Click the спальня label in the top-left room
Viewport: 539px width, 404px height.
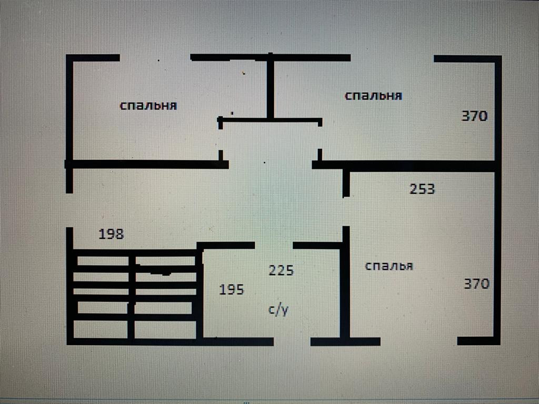pos(148,105)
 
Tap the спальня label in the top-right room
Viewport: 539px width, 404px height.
pos(373,96)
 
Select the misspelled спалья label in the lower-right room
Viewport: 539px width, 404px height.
pos(389,266)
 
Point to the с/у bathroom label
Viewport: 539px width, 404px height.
pos(278,310)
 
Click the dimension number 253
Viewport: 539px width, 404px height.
pos(422,188)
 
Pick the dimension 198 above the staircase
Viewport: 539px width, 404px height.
pos(111,234)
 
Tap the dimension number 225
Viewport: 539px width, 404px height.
pos(281,270)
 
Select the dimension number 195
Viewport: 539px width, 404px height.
pos(232,289)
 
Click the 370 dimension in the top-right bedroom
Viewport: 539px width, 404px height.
pos(474,116)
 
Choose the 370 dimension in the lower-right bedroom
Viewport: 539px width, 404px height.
pos(476,284)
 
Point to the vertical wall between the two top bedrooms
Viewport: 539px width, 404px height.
pos(270,87)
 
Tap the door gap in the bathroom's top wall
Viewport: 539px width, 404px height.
pos(274,245)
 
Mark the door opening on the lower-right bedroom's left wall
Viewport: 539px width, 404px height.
pos(346,211)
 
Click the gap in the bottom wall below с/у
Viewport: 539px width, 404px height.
pos(292,341)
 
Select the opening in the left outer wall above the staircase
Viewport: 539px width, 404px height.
pos(69,210)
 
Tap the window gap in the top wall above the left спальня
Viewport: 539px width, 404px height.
pos(155,57)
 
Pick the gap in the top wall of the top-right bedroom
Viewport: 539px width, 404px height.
pos(392,58)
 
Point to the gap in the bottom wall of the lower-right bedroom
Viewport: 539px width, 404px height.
pos(418,341)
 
